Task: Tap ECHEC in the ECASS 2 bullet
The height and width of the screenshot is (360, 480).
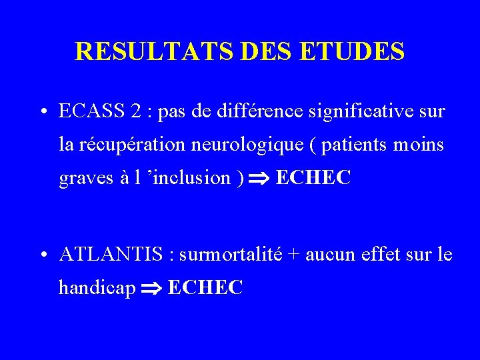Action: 313,178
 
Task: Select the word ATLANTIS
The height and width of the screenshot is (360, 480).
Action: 110,254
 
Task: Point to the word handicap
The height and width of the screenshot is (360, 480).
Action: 97,288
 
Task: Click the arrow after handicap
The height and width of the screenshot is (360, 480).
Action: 153,289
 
